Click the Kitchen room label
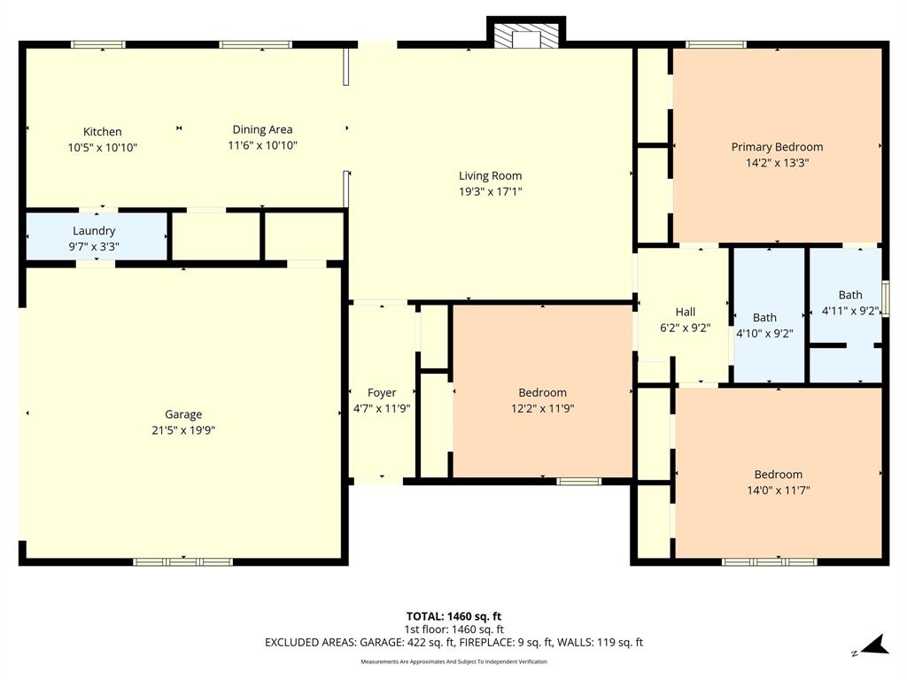pyautogui.click(x=103, y=132)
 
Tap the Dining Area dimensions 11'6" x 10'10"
pyautogui.click(x=262, y=145)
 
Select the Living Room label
pyautogui.click(x=490, y=176)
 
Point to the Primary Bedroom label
pyautogui.click(x=777, y=147)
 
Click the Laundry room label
pyautogui.click(x=94, y=231)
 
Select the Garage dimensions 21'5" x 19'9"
pyautogui.click(x=183, y=430)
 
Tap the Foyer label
pyautogui.click(x=382, y=393)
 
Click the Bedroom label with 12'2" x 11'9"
pyautogui.click(x=542, y=393)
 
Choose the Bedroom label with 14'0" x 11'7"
pyautogui.click(x=778, y=475)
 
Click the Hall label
pyautogui.click(x=685, y=312)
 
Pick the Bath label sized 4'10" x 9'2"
pyautogui.click(x=764, y=318)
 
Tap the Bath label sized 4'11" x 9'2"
pyautogui.click(x=849, y=295)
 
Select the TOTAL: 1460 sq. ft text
pyautogui.click(x=453, y=616)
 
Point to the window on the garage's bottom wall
pyautogui.click(x=182, y=561)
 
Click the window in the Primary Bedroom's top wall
pyautogui.click(x=716, y=44)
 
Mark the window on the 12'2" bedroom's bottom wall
pyautogui.click(x=578, y=482)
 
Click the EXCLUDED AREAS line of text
pyautogui.click(x=453, y=643)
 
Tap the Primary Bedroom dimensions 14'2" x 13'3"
pyautogui.click(x=777, y=163)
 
